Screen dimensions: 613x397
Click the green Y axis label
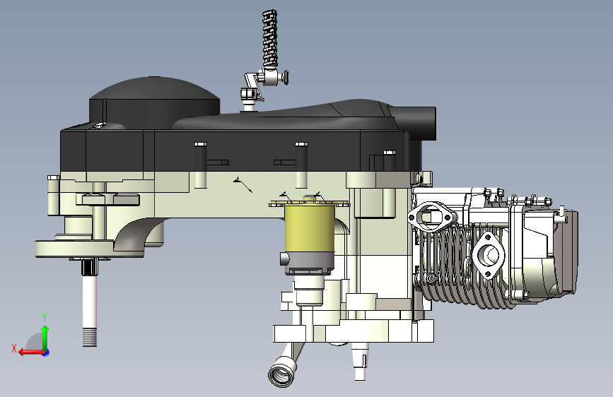45,317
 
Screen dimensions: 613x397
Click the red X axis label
14,348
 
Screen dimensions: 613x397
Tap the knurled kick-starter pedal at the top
270,38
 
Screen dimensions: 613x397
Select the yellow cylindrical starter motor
309,230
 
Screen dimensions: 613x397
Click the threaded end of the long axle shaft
90,337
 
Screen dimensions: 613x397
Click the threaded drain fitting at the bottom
282,374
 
